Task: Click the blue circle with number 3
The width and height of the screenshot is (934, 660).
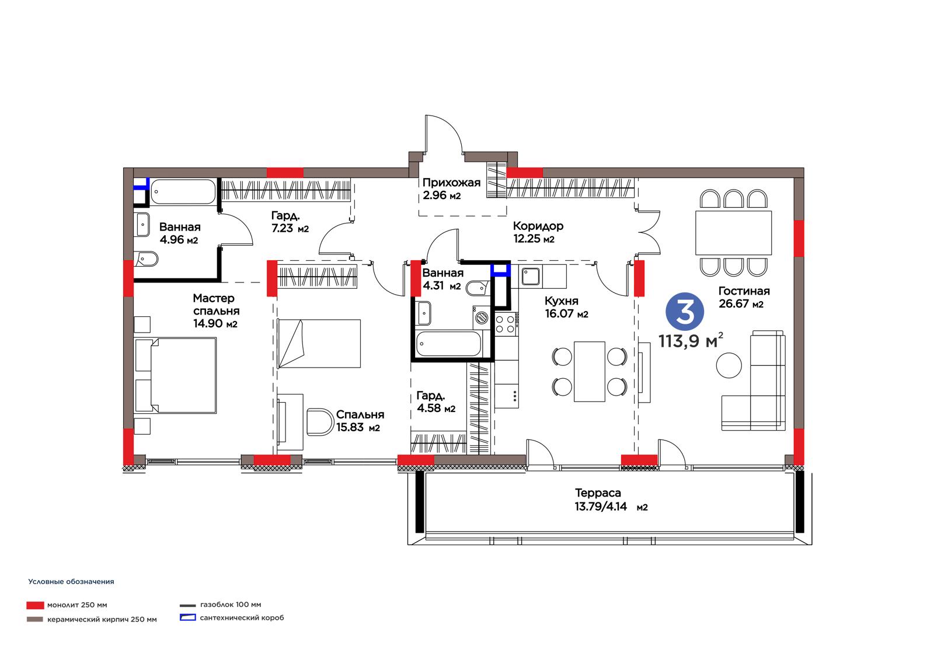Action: [685, 312]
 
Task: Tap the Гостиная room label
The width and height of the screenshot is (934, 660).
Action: [744, 291]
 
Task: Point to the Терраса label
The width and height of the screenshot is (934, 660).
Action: [598, 493]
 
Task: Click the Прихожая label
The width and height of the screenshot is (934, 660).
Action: [451, 183]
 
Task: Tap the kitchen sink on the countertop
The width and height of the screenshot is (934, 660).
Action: [531, 276]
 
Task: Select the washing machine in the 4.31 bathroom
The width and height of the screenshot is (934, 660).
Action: [482, 317]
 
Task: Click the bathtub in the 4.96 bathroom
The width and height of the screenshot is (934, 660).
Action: [183, 191]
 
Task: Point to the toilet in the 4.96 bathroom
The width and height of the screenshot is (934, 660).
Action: [145, 259]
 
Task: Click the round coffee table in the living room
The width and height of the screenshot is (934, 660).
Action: [729, 365]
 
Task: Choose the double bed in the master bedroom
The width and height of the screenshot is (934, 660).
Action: [176, 375]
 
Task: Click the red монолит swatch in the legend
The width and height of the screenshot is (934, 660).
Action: [35, 605]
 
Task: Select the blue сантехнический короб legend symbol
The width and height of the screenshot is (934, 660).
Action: [187, 617]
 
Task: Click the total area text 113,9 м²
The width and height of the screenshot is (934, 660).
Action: [691, 341]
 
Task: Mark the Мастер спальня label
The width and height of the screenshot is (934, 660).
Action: [215, 305]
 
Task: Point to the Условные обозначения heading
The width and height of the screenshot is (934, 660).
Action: [71, 582]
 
